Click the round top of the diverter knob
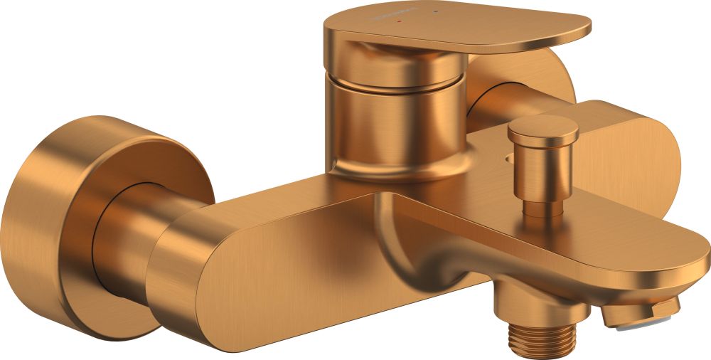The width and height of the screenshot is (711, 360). click(x=542, y=129)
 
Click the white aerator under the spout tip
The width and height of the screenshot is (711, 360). click(x=624, y=324)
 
